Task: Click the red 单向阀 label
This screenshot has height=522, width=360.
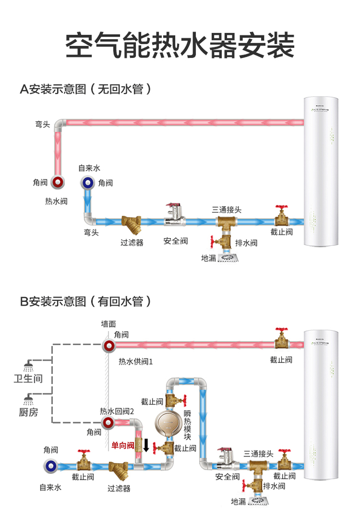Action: pos(123,445)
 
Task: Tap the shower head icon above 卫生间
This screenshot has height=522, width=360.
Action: pos(28,366)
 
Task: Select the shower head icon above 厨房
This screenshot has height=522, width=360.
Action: pos(28,400)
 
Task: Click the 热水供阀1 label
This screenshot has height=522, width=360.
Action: pos(136,362)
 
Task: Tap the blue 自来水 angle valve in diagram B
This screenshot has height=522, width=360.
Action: pos(51,466)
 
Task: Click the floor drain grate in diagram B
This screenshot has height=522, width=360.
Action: pos(261,501)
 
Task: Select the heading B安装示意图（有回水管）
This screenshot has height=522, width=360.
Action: pos(85,301)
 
